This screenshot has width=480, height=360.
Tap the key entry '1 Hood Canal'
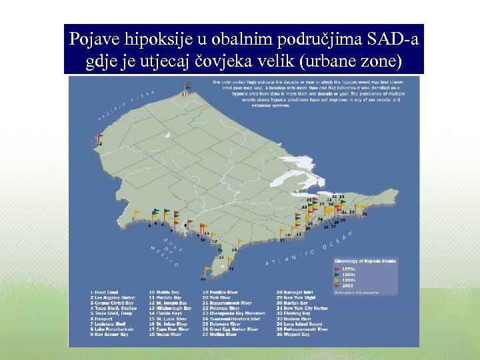107,292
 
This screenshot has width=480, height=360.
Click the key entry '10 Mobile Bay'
164,292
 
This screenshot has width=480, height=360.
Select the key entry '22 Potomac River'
223,308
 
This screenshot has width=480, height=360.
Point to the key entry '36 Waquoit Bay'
293,335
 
